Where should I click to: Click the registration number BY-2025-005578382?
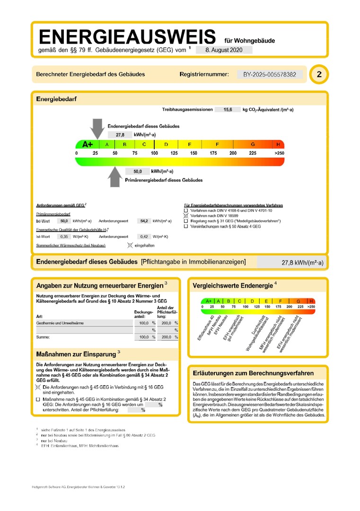[270, 74]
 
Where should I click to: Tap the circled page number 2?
[319, 74]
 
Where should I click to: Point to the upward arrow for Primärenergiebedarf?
[114, 177]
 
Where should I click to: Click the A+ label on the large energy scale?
[88, 144]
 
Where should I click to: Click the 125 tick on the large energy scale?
[174, 153]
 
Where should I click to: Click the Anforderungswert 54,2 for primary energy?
[142, 221]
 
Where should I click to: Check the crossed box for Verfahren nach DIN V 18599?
[186, 215]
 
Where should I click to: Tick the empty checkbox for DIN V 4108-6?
[186, 210]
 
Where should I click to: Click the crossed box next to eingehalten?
[130, 246]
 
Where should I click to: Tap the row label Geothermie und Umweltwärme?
[60, 323]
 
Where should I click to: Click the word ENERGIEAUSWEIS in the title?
[127, 37]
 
